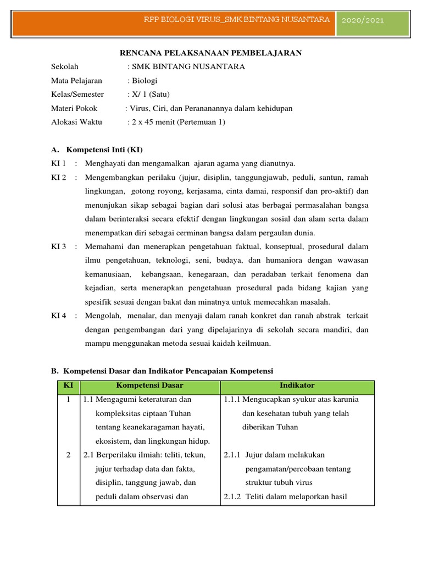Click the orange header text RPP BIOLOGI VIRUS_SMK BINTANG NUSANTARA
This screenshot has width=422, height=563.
click(236, 19)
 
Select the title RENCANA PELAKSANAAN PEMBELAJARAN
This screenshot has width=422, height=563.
click(211, 53)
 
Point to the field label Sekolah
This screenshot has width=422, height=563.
click(65, 67)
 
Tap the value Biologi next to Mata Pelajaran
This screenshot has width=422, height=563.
click(144, 81)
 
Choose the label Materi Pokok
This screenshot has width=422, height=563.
click(74, 108)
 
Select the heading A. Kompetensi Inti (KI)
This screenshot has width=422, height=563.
click(97, 150)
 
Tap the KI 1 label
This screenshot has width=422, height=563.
click(58, 163)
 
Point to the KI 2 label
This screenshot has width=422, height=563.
click(58, 178)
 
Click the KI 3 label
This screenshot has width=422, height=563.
click(58, 246)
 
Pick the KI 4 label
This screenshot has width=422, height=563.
click(58, 316)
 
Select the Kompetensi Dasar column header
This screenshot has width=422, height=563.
click(149, 385)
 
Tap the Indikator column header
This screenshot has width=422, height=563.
click(297, 385)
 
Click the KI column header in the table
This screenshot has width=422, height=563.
click(68, 385)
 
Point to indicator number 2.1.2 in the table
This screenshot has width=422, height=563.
click(232, 496)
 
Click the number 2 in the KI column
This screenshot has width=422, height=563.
click(68, 455)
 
